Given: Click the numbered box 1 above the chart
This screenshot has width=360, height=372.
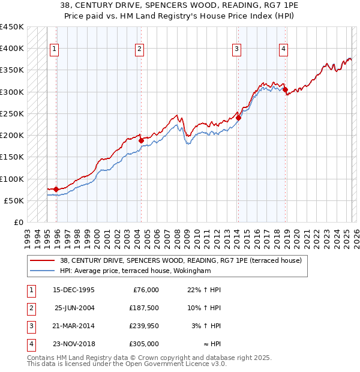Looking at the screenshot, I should click(55, 49).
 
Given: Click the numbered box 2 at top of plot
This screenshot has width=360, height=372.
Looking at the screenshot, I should click(139, 49).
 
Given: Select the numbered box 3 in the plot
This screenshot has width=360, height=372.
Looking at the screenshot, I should click(237, 49).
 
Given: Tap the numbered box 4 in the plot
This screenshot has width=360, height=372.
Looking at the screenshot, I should click(283, 49).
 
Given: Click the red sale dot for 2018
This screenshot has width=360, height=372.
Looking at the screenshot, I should click(285, 90).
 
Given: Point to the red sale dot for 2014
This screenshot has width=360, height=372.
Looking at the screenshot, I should click(238, 118).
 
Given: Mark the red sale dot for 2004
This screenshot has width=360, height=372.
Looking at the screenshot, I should click(142, 140).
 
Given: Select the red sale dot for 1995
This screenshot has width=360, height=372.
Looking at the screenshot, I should click(56, 189).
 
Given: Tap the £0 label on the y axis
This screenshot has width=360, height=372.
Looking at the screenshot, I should click(18, 223).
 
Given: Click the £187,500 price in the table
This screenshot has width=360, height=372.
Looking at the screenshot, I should click(143, 308).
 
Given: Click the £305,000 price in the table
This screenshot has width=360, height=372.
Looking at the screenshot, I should click(143, 344).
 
